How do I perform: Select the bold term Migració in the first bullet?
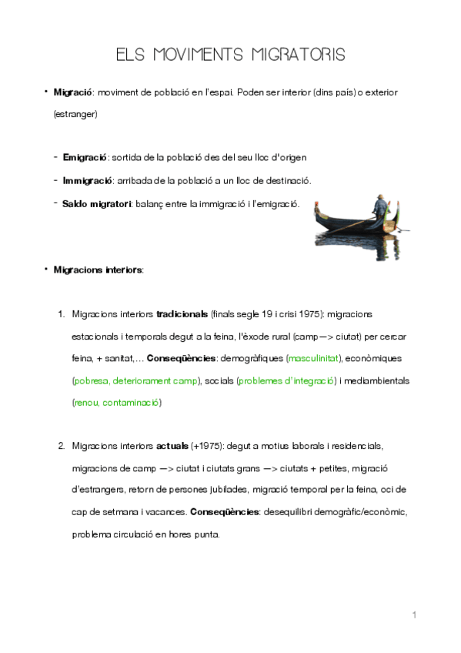click(x=72, y=92)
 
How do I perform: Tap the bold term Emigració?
click(x=85, y=157)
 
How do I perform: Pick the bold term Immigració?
click(x=87, y=180)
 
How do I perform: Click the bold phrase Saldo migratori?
click(x=98, y=204)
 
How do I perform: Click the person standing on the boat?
click(x=379, y=208)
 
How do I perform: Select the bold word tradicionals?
click(x=182, y=314)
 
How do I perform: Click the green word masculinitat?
click(x=314, y=358)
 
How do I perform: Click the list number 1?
click(x=61, y=314)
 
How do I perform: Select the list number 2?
click(x=61, y=446)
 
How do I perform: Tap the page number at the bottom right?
click(x=414, y=614)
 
